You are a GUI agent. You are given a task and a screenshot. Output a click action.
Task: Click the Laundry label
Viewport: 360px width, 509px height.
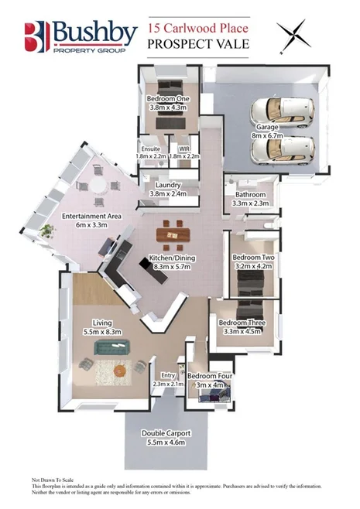point(168,186)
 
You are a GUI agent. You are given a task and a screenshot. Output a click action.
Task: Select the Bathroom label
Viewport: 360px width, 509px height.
point(250,194)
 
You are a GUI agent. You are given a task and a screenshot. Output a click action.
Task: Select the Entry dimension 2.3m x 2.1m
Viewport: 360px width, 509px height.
point(167,384)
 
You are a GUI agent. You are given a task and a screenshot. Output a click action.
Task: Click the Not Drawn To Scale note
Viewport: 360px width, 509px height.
point(56,480)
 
